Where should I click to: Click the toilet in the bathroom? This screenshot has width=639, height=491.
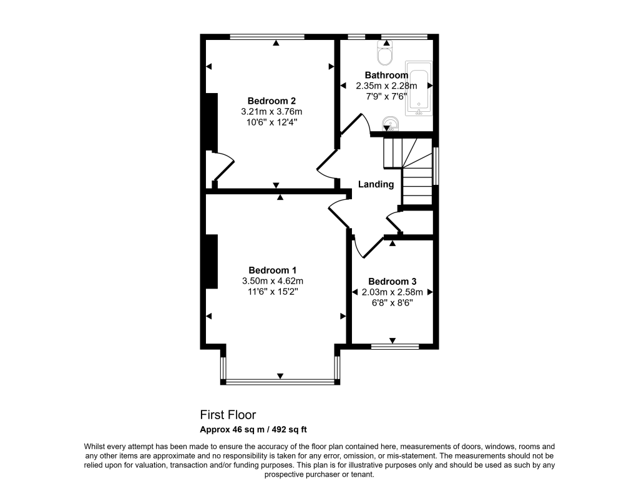pyautogui.click(x=386, y=54)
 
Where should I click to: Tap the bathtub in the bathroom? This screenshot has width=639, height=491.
pyautogui.click(x=419, y=89)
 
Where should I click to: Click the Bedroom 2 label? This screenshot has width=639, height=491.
pyautogui.click(x=271, y=101)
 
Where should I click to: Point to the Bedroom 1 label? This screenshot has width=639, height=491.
pyautogui.click(x=273, y=270)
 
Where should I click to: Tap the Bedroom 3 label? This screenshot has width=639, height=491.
pyautogui.click(x=392, y=281)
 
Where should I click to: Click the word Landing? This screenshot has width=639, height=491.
pyautogui.click(x=376, y=184)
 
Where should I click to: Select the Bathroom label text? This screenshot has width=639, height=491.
pyautogui.click(x=386, y=75)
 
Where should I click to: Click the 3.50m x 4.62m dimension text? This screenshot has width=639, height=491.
pyautogui.click(x=273, y=281)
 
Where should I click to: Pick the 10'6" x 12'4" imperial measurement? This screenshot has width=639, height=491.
pyautogui.click(x=271, y=122)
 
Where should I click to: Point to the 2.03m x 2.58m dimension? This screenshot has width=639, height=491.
pyautogui.click(x=392, y=292)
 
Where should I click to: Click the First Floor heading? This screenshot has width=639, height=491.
pyautogui.click(x=228, y=415)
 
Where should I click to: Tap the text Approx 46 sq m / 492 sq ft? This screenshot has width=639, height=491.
pyautogui.click(x=253, y=429)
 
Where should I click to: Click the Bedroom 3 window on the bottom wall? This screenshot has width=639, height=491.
pyautogui.click(x=394, y=345)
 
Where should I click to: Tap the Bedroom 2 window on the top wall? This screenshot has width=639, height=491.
pyautogui.click(x=267, y=37)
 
